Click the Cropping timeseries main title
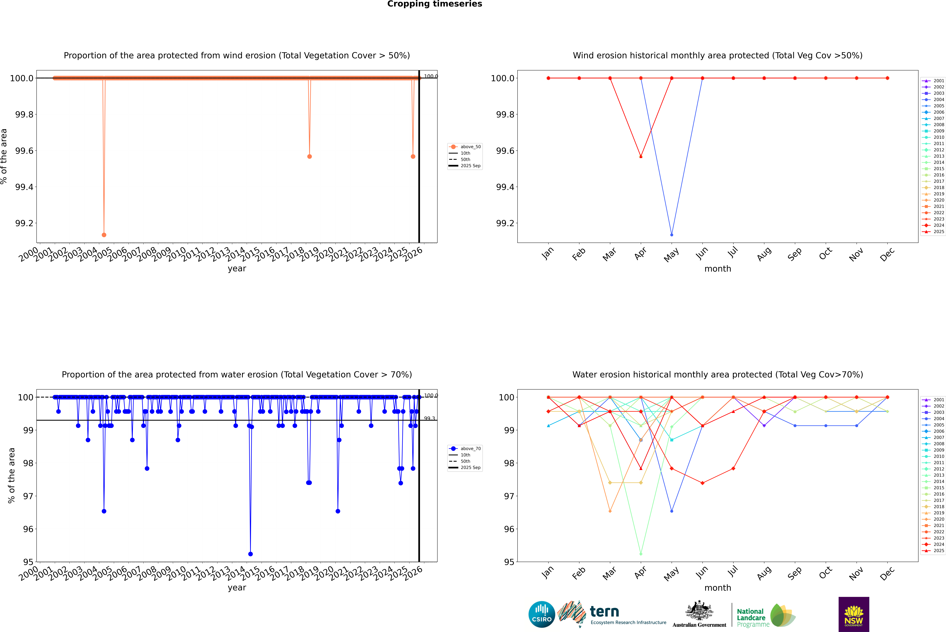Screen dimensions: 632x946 pyautogui.click(x=434, y=4)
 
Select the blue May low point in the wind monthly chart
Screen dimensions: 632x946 pyautogui.click(x=671, y=235)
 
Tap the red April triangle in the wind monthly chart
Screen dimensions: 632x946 pyautogui.click(x=641, y=156)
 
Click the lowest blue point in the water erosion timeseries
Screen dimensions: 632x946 pyautogui.click(x=250, y=554)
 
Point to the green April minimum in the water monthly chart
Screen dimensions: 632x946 pyautogui.click(x=641, y=554)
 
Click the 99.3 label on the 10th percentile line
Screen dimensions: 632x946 pyautogui.click(x=429, y=418)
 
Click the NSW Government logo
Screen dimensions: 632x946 pyautogui.click(x=854, y=615)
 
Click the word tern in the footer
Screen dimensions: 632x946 pyautogui.click(x=604, y=612)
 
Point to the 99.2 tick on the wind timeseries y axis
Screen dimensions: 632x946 pyautogui.click(x=24, y=223)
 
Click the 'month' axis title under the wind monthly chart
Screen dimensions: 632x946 pyautogui.click(x=717, y=269)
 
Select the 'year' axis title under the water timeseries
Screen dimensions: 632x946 pyautogui.click(x=237, y=588)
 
